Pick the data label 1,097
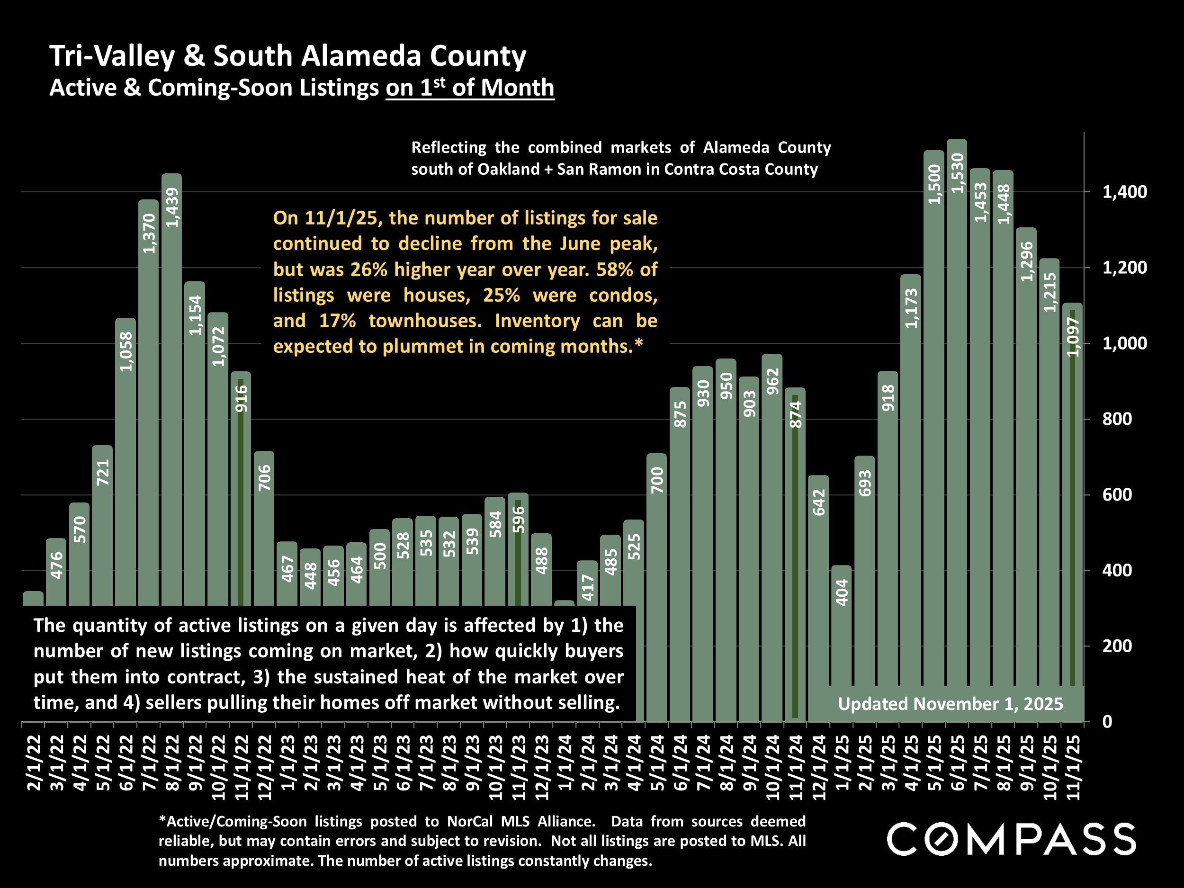click(1073, 337)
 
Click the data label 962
click(772, 382)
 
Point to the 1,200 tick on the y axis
click(1124, 268)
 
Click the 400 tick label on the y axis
click(1117, 571)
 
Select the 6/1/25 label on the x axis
click(958, 763)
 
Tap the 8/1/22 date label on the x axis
click(172, 763)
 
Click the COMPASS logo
click(1011, 839)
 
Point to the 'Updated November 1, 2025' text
click(950, 704)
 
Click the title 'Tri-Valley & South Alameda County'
click(288, 56)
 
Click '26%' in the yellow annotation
click(369, 269)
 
